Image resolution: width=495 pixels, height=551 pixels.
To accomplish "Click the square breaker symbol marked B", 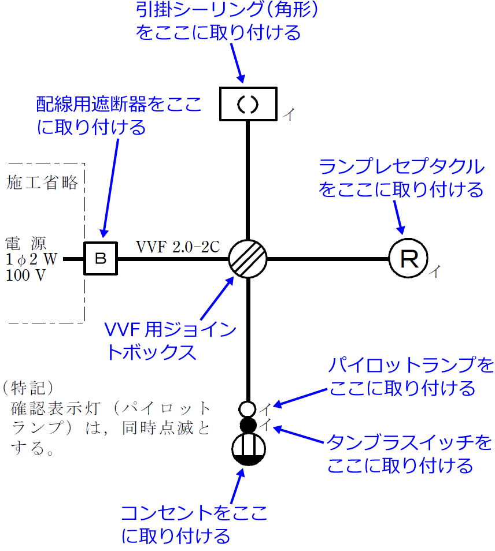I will [x=101, y=259].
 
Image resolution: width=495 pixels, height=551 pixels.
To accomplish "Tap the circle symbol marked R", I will [x=408, y=259].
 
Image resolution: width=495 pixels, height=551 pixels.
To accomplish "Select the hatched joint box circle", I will [x=247, y=259].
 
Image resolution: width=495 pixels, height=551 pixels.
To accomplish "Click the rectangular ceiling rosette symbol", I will [x=247, y=103].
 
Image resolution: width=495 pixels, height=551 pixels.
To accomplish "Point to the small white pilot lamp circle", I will [x=247, y=409].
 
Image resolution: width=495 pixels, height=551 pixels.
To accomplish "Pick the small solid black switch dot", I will [x=247, y=425].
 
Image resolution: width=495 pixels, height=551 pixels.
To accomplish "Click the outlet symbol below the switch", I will [x=247, y=451].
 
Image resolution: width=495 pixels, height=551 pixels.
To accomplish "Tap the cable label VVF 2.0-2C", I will [x=178, y=247].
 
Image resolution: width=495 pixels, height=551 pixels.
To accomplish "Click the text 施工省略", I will [x=42, y=183].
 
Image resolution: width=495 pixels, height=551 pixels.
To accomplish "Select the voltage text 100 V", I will [x=25, y=275].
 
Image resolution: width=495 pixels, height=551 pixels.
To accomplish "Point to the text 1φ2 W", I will [x=31, y=259].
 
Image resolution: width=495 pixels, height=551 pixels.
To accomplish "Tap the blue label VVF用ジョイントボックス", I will [x=170, y=341].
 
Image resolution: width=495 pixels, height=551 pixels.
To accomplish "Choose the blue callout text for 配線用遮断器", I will [x=119, y=116].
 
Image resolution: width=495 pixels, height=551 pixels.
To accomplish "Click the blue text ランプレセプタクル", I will [x=401, y=167].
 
